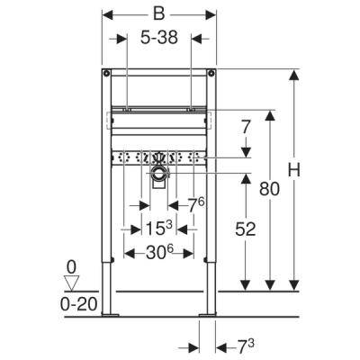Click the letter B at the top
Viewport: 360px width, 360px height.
coord(159,13)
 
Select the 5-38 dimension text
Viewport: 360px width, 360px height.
coord(159,38)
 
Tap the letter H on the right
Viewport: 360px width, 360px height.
coord(294,170)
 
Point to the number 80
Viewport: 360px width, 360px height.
coord(269,189)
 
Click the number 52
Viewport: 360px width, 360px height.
coord(246,229)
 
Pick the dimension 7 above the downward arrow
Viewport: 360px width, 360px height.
coord(246,128)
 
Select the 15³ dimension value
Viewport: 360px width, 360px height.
coord(159,229)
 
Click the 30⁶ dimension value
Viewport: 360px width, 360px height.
coord(160,254)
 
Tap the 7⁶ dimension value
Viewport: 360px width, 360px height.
coord(196,204)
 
